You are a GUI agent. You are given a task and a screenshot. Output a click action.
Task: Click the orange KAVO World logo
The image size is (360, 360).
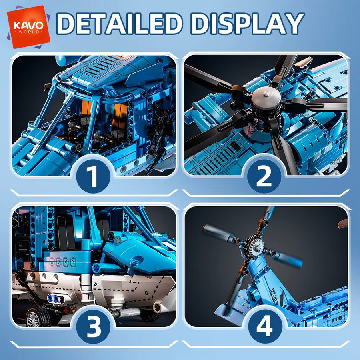pos(28,27)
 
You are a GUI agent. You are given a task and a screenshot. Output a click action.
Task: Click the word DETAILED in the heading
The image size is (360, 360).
pos(119,24)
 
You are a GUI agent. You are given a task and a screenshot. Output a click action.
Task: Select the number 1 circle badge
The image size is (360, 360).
pos(93,176)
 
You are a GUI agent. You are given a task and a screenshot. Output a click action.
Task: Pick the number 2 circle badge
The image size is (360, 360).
pos(264,176)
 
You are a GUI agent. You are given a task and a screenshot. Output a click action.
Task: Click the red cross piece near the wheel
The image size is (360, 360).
pos(66,310)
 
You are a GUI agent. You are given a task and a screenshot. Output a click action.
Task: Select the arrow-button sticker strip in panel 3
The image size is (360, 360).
pos(62,262)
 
